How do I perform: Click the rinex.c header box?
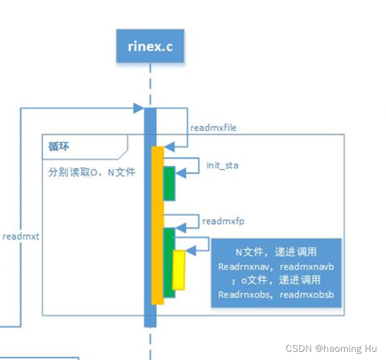(x=150, y=46)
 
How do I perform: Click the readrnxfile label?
(x=213, y=128)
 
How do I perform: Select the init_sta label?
(x=222, y=166)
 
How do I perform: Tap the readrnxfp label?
(x=219, y=221)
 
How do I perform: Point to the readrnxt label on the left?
(x=21, y=237)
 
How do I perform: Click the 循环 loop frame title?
(x=60, y=147)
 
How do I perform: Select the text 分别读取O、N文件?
(x=91, y=172)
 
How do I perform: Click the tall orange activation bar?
(x=157, y=225)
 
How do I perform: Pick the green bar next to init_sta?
(x=169, y=183)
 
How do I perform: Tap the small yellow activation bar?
(x=179, y=269)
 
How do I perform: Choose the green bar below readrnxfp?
(x=169, y=263)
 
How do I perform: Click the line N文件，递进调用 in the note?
(x=276, y=252)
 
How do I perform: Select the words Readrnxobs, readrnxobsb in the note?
(x=276, y=294)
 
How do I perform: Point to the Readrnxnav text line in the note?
(x=276, y=266)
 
